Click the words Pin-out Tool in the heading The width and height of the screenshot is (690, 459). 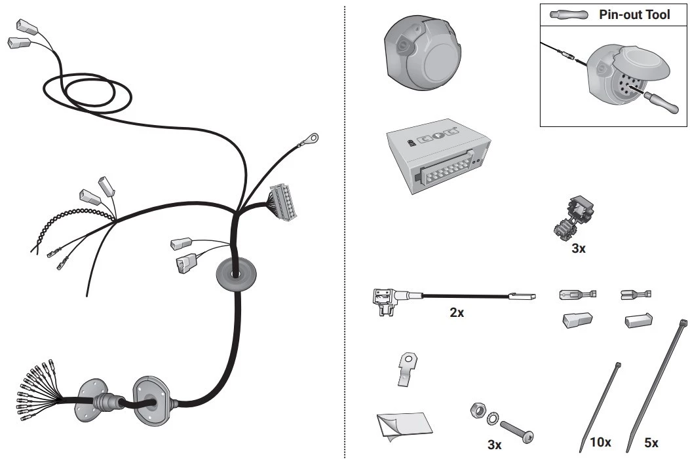pyautogui.click(x=634, y=14)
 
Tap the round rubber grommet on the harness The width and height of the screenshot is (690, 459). pyautogui.click(x=237, y=274)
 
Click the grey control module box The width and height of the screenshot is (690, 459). pyautogui.click(x=439, y=156)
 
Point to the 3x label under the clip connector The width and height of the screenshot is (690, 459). pyautogui.click(x=578, y=248)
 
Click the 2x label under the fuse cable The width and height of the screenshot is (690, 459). pyautogui.click(x=456, y=312)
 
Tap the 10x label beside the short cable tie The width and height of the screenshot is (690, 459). pyautogui.click(x=600, y=442)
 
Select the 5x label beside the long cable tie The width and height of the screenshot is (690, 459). pyautogui.click(x=651, y=443)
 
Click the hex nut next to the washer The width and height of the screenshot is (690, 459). pyautogui.click(x=477, y=410)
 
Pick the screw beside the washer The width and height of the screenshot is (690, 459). pyautogui.click(x=516, y=431)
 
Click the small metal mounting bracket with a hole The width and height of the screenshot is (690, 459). pyautogui.click(x=408, y=369)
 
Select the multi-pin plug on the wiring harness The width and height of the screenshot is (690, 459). pyautogui.click(x=283, y=202)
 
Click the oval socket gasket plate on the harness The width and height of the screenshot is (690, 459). pyautogui.click(x=151, y=401)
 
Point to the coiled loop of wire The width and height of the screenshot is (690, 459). pyautogui.click(x=87, y=93)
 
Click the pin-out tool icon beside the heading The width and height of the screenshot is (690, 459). pyautogui.click(x=569, y=14)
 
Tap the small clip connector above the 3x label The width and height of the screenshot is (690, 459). pyautogui.click(x=573, y=217)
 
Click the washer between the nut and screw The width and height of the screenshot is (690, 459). pyautogui.click(x=493, y=418)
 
